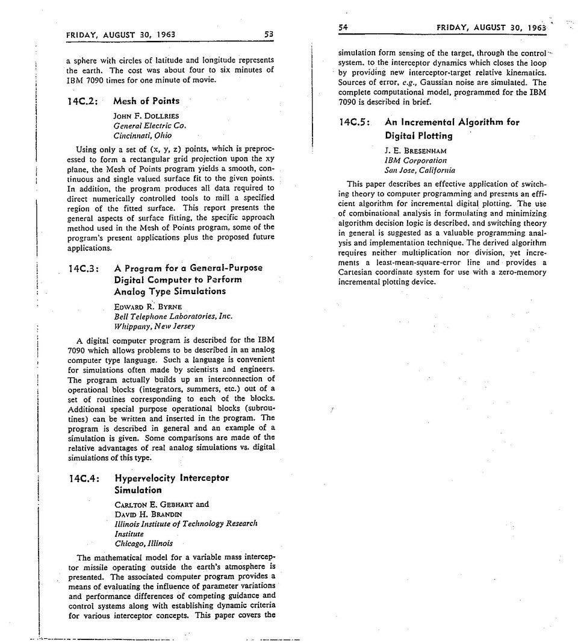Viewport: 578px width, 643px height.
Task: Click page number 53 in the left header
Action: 269,34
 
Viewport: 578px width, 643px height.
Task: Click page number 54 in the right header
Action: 344,27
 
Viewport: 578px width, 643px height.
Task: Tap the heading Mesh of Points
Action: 146,101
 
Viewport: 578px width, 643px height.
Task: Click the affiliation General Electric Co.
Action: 150,125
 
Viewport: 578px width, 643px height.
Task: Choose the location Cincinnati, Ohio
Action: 142,136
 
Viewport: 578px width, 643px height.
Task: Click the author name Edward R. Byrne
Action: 148,306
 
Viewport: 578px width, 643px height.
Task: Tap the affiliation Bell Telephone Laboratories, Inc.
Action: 173,316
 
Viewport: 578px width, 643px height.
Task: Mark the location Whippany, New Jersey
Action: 154,326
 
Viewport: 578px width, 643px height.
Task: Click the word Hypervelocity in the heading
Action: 144,478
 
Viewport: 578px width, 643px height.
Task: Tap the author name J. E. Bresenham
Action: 415,150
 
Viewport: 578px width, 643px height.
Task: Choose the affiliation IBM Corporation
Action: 415,160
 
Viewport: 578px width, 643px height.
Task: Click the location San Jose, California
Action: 420,171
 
